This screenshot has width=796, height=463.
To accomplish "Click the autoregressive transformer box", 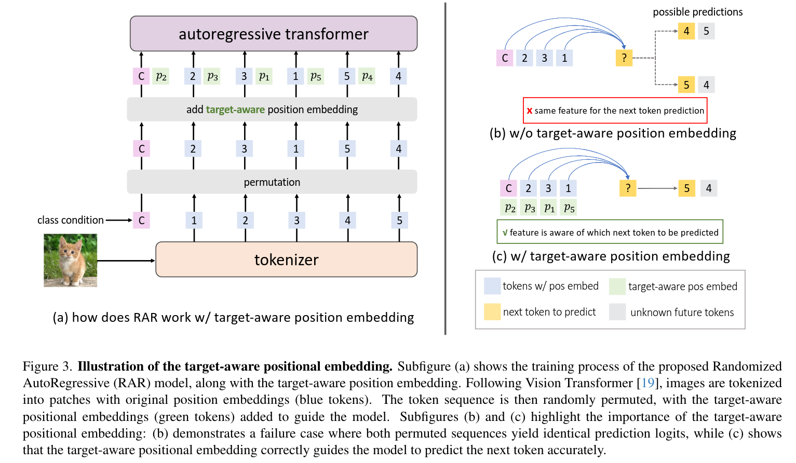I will pos(274,34).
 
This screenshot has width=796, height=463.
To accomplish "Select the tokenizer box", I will pos(286,260).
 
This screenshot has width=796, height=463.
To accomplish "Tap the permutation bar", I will pos(272,182).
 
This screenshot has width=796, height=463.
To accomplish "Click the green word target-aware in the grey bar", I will pos(235,110).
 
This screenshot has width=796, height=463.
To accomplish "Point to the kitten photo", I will pos(70,261).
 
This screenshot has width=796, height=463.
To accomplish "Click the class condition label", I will pos(70,220).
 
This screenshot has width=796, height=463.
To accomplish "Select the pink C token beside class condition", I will pos(141,221).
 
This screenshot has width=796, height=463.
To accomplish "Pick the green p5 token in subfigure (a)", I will pos(316,76).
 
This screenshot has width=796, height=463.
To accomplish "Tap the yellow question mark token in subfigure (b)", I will pos(624,58).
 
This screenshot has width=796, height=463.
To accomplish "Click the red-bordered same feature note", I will pos(615,111).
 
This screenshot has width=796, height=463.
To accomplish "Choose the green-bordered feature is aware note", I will pos(610,232).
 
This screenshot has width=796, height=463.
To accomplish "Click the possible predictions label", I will pos(697,12).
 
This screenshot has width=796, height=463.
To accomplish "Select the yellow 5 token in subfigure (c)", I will pos(686,188).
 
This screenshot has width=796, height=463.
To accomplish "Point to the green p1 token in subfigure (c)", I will pos(549,208).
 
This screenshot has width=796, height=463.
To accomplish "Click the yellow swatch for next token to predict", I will pos(492,311).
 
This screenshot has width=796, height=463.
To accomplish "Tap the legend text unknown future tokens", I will pos(682,312).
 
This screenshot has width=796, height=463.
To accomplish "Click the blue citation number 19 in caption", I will pos(647,383).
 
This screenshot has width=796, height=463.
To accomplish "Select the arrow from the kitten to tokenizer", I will pos(126,261).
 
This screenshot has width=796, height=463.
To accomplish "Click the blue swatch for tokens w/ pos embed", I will pos(492,286).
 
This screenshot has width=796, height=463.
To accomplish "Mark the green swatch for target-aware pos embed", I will pos(617,287).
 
